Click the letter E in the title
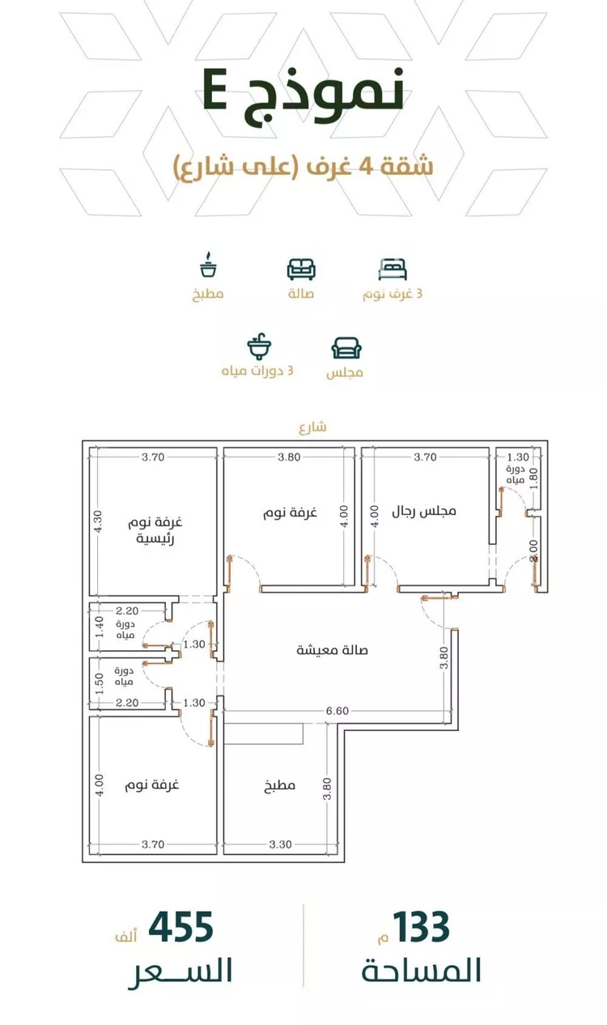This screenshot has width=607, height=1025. (214, 90)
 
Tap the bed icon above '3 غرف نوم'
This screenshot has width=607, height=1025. (393, 269)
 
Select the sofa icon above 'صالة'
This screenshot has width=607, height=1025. (301, 269)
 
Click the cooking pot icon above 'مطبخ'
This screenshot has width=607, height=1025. (208, 265)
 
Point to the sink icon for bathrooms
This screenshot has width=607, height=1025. (259, 347)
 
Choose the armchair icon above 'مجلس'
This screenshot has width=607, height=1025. (346, 348)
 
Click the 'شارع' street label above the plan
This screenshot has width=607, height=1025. (313, 427)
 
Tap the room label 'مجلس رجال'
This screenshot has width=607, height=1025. (424, 511)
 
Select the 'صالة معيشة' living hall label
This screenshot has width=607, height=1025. (333, 650)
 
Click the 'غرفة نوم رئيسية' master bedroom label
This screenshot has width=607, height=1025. (155, 530)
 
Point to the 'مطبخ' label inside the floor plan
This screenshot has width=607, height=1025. (279, 785)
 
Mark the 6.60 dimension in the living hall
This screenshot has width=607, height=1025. (337, 711)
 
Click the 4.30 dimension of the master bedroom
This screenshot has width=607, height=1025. (98, 521)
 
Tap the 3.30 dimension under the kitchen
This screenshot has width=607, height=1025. (280, 844)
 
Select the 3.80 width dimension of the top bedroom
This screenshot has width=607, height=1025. (289, 457)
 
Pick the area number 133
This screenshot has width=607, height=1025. (422, 927)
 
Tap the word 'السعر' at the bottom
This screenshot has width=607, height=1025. (180, 972)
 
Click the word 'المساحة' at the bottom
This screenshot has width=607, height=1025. (422, 970)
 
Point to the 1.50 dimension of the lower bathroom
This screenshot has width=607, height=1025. (100, 683)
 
